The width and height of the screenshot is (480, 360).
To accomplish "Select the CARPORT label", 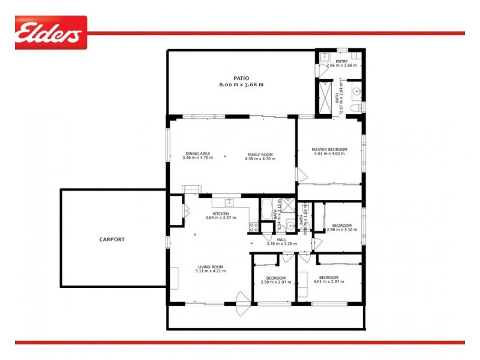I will [x=112, y=239].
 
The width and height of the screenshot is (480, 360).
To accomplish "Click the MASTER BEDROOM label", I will [x=329, y=149].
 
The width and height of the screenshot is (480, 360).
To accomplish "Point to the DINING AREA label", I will [x=197, y=154].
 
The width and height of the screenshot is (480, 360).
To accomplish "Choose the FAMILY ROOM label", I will [x=261, y=154].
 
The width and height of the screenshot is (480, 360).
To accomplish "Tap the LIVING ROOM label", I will [x=209, y=267].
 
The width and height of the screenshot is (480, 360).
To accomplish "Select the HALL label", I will [x=281, y=239].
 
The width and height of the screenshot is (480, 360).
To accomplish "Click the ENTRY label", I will [x=341, y=61].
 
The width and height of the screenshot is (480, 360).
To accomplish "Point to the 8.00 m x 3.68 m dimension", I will [x=241, y=85].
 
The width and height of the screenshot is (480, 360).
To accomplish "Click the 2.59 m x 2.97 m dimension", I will [x=276, y=282].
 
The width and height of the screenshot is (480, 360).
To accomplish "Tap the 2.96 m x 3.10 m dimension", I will [x=343, y=230].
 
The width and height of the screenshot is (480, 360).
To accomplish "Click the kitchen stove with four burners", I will [x=254, y=227].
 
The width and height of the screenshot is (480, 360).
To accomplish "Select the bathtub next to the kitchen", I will [x=265, y=211].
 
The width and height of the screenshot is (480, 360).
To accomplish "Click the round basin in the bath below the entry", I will [x=356, y=92].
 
